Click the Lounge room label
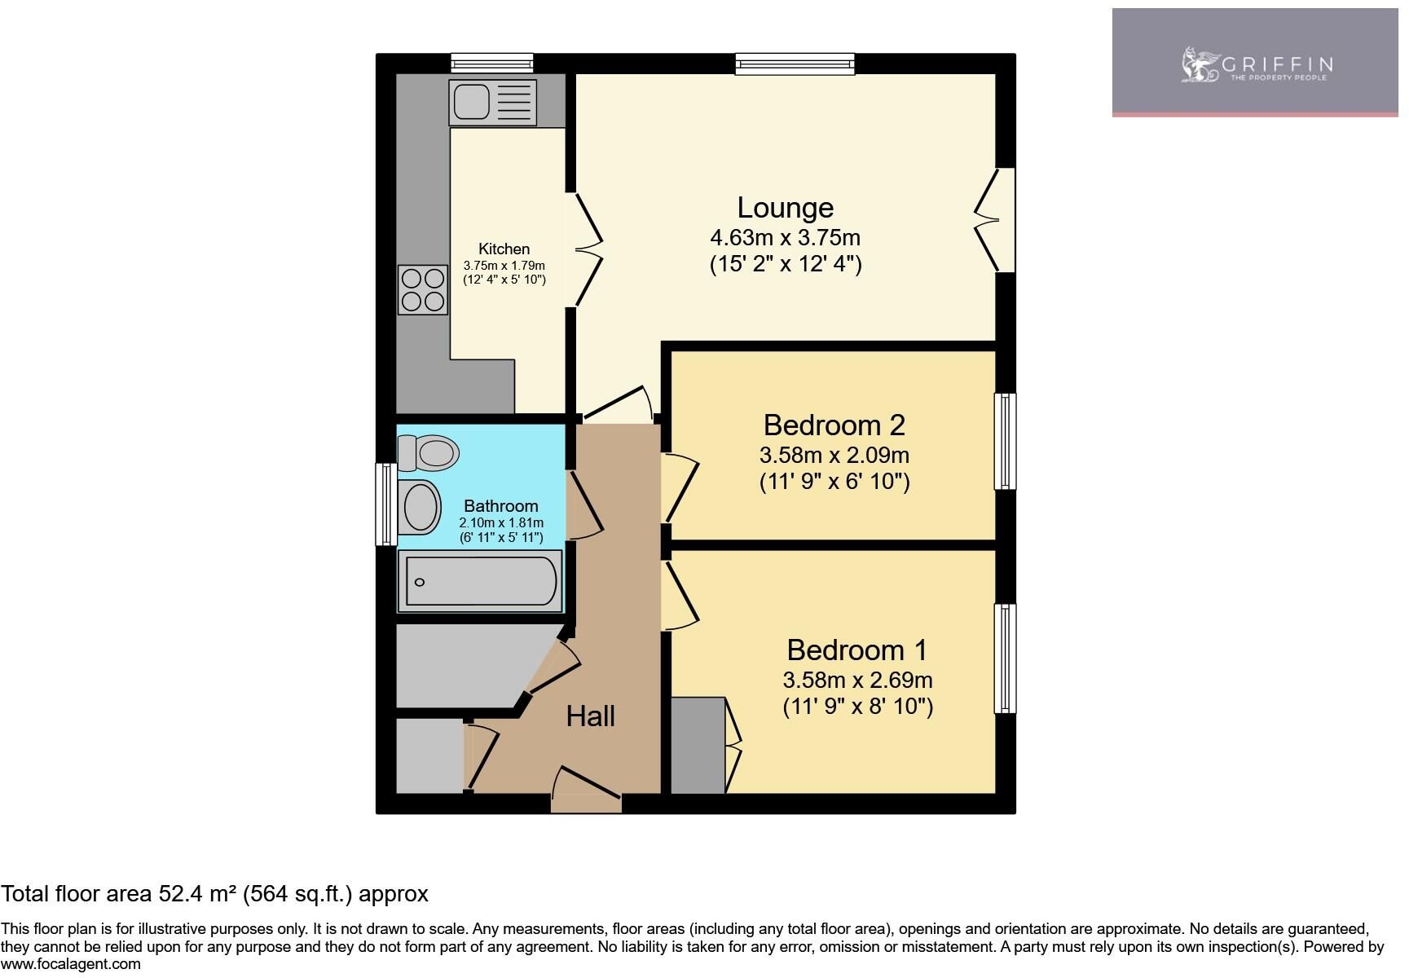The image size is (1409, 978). [x=785, y=208]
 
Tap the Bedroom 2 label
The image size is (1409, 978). [x=834, y=425]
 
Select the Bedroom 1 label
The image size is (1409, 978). [x=856, y=650]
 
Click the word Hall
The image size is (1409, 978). [x=590, y=716]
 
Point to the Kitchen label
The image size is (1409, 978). [x=504, y=249]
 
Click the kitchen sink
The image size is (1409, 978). [x=492, y=103]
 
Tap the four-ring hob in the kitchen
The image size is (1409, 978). [x=423, y=290]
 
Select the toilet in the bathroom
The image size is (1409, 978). [x=428, y=452]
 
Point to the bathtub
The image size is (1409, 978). [x=480, y=581]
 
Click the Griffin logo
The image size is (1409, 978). [x=1255, y=64]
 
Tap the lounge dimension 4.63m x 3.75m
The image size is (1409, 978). [x=786, y=238]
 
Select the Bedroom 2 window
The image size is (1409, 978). [x=1006, y=441]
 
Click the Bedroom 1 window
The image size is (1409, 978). [x=1006, y=659]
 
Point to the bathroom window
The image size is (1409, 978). [x=385, y=504]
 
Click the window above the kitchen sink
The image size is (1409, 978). [x=492, y=64]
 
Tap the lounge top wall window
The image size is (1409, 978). [x=795, y=64]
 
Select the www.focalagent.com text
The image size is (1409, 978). [x=71, y=964]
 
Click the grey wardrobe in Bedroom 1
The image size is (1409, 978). [x=698, y=745]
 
